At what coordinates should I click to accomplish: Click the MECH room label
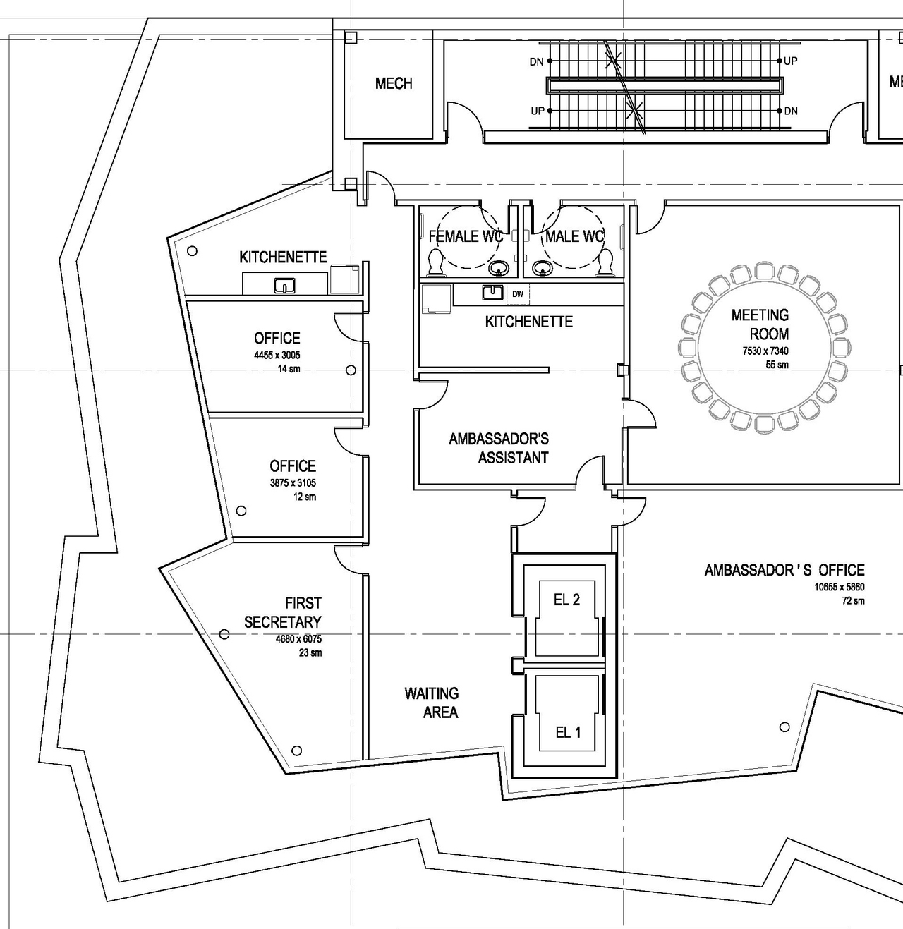click(x=394, y=84)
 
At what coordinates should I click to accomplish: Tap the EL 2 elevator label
click(x=566, y=600)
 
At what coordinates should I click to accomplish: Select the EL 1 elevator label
click(x=568, y=732)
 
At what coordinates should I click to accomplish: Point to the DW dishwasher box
click(x=518, y=294)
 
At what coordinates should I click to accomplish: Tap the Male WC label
click(x=574, y=236)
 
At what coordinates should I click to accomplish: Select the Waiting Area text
click(x=432, y=703)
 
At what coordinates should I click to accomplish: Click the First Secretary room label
click(x=283, y=612)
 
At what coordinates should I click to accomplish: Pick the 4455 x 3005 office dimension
click(x=277, y=356)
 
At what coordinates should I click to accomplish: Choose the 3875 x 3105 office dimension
click(x=293, y=483)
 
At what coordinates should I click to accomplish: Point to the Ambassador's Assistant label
click(x=499, y=448)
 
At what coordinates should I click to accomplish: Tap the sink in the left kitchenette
click(x=284, y=286)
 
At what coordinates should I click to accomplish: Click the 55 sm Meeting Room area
click(x=777, y=365)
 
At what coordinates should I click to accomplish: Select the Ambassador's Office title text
click(x=784, y=570)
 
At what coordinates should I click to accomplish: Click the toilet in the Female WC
click(x=437, y=262)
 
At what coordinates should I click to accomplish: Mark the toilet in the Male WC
click(x=605, y=262)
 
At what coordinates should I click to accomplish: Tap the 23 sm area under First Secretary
click(x=310, y=652)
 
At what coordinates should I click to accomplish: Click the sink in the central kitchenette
click(x=492, y=292)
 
